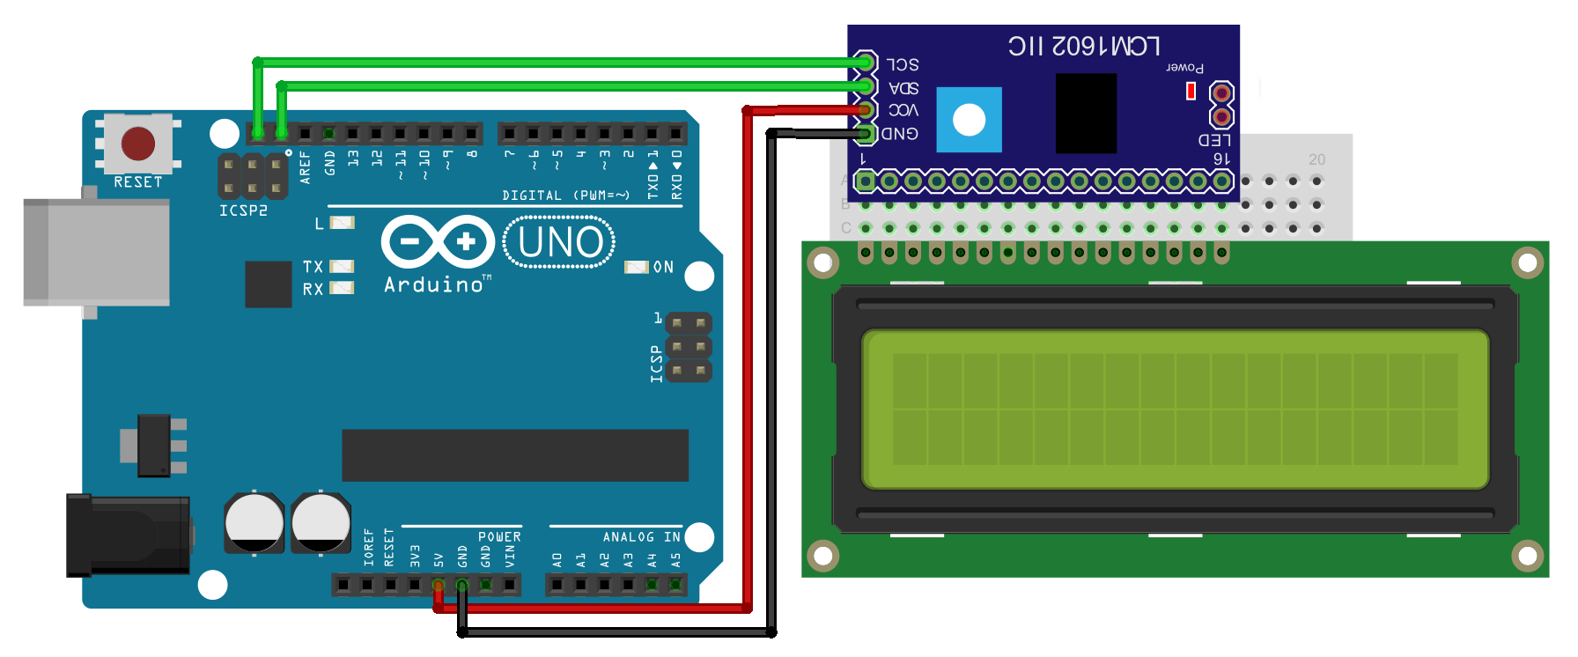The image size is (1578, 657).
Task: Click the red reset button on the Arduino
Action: tap(138, 143)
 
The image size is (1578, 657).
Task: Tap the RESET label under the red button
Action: tap(138, 182)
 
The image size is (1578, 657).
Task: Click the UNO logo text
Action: tap(560, 243)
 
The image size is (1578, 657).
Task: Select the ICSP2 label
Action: tap(243, 210)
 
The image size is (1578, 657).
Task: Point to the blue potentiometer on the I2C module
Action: tap(969, 120)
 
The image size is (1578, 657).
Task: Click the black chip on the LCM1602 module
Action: tap(1086, 113)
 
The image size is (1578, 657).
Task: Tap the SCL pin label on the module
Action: tap(903, 64)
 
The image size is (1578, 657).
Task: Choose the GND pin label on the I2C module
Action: tap(900, 134)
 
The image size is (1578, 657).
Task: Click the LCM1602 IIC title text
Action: tap(1084, 46)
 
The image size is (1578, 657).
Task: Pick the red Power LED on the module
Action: tap(1191, 91)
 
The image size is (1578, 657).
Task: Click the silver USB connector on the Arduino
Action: tap(97, 252)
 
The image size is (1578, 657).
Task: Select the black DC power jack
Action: tap(129, 535)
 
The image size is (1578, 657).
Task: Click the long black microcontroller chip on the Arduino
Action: tap(514, 455)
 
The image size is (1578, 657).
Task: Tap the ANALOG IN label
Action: tap(641, 536)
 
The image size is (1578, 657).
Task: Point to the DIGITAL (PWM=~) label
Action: tap(565, 196)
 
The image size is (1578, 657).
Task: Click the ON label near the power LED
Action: tap(663, 267)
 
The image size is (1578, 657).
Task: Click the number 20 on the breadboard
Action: tap(1316, 159)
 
